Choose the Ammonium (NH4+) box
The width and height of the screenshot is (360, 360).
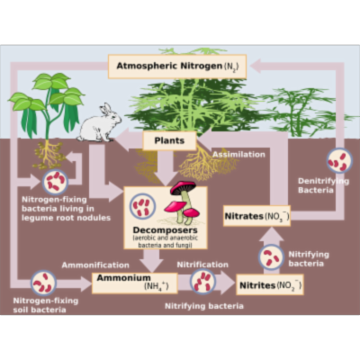click(130, 283)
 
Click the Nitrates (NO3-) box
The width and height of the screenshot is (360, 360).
click(256, 216)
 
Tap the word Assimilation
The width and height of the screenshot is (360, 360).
click(239, 155)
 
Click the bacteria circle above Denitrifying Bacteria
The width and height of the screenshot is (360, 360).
click(337, 160)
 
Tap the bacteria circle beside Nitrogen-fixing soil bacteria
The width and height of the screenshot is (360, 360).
click(42, 282)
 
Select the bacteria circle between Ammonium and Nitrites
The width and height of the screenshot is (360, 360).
click(203, 282)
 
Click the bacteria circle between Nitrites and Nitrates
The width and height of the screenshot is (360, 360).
click(271, 256)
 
